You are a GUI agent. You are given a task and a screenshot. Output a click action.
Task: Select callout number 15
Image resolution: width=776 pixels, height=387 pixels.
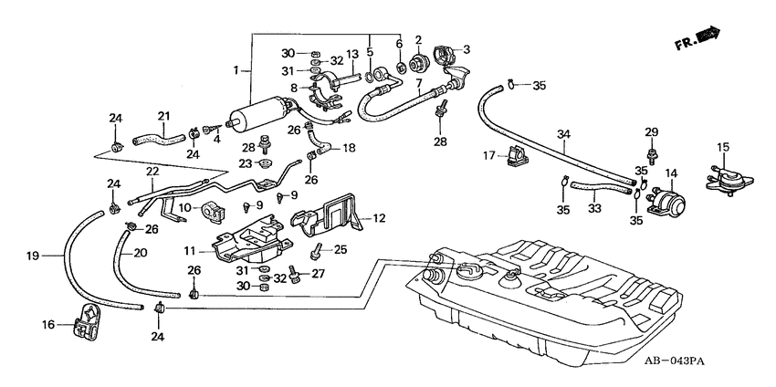coord(723,147)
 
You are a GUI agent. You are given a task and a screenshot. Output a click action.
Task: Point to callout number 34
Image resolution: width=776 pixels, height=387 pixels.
coord(565,135)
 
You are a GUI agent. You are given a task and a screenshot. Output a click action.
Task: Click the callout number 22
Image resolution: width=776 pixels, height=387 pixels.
coord(152,171)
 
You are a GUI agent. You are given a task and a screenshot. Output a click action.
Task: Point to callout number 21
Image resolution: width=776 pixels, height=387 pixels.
coord(163,116)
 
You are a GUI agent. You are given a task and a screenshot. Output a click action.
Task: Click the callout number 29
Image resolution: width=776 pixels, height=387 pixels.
coord(651,132)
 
